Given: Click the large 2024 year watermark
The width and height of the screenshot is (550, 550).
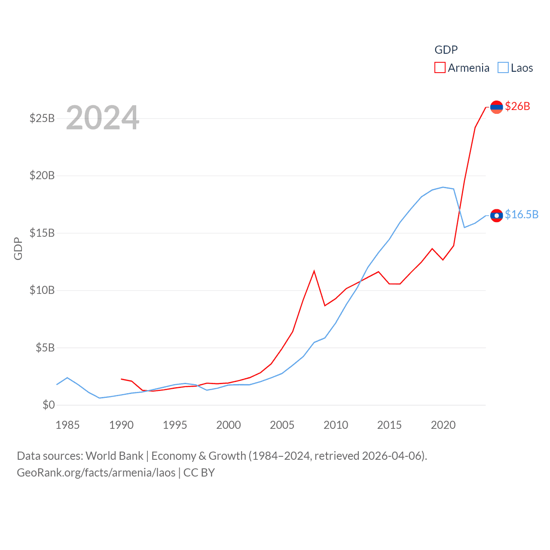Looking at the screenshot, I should coord(103,118).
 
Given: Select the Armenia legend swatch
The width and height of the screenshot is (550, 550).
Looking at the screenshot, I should coord(440,68).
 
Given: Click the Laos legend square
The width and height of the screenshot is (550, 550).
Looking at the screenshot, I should coord(503,68).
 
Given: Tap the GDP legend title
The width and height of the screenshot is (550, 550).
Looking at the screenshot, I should coord(446,50).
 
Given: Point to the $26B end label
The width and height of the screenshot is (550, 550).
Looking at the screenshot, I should coord(517,106).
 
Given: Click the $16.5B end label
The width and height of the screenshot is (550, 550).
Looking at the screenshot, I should coord(522,214).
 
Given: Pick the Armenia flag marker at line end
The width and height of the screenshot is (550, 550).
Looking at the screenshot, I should coord(496,107).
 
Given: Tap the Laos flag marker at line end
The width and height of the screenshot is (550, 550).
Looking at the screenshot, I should coord(496,215).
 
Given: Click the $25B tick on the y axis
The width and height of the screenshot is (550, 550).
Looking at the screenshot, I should coord(42,118).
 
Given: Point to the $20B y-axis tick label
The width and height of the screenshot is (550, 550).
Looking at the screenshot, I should coord(42,175).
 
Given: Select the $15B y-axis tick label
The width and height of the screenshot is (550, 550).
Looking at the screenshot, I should coord(42,233).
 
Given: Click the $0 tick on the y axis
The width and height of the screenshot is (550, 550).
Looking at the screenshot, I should coord(49,405).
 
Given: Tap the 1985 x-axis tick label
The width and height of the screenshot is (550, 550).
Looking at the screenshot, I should coord(67,425).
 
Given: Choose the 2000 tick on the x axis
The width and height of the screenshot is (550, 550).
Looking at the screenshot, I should coord(229,425).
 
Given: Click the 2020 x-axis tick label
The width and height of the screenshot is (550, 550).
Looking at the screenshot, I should coord(443,425).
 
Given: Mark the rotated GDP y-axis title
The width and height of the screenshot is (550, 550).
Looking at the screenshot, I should coord(18,248).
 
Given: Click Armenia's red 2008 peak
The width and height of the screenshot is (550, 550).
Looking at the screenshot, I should coord(314,271).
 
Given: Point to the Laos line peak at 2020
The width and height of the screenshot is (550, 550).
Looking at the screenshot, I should coord(443,187).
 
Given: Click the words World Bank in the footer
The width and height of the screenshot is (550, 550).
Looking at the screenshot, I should coord(114,456).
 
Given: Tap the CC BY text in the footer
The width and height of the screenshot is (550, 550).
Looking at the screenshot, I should coord(199,473).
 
